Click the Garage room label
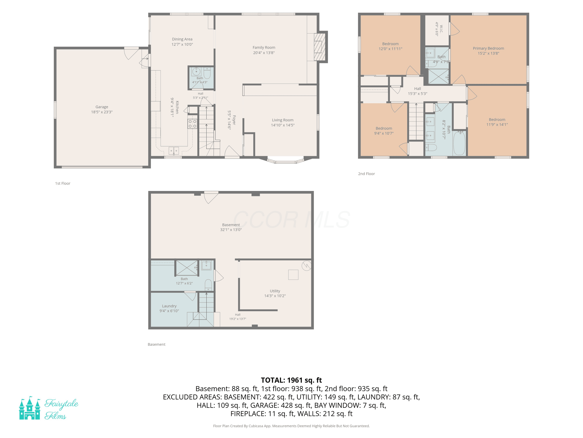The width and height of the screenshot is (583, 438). point(102,107)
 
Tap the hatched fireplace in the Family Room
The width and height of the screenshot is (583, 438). point(319,47)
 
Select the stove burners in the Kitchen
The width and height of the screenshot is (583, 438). point(192,124)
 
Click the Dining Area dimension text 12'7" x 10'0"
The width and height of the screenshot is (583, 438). point(182,44)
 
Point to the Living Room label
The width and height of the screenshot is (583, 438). point(283,120)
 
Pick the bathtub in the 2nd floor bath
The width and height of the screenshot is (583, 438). point(459,143)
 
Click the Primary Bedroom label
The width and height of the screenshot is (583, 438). point(488,48)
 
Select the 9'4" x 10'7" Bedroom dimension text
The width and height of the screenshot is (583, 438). point(384,133)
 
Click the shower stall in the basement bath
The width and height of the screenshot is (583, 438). point(187,268)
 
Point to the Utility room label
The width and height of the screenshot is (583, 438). point(275,291)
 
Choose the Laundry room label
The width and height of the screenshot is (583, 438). point(169,306)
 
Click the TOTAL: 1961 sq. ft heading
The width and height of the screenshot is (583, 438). point(291,380)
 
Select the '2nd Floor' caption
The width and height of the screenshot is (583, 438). point(366,174)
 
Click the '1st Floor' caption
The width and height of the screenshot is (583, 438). point(63,184)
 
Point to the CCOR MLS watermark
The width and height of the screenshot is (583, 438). point(291,219)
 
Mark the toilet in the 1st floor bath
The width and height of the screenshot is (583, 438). point(207,73)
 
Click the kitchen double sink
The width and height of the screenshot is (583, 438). point(174,151)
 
